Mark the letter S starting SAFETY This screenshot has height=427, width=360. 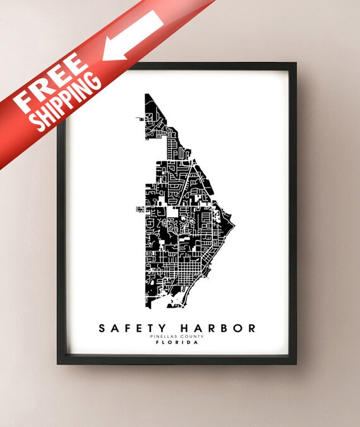(x=102, y=328)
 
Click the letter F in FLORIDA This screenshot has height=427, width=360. (x=161, y=344)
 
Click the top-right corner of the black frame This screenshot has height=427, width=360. (x=296, y=64)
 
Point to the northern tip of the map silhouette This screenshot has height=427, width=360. (x=147, y=95)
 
